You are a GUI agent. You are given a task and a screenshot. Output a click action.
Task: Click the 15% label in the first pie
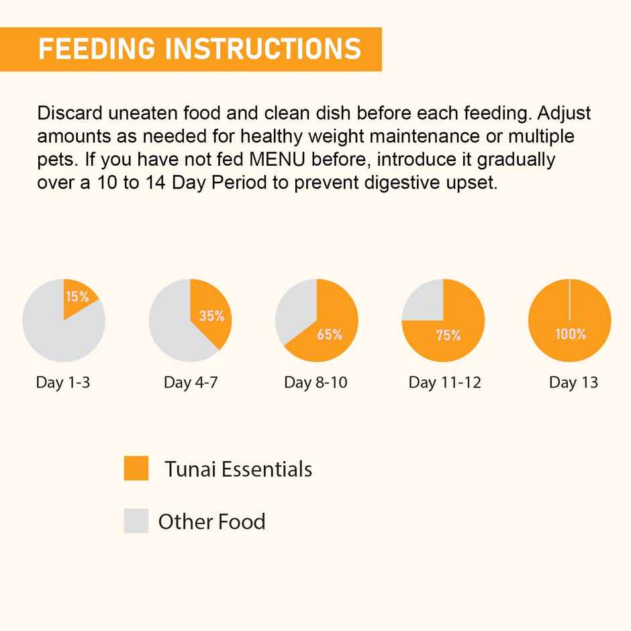coord(77,297)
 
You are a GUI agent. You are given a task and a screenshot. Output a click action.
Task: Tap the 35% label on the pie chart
coord(211,315)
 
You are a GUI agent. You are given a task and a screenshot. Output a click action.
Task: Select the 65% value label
coord(330,334)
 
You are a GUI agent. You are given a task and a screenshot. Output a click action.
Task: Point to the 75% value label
coord(448,336)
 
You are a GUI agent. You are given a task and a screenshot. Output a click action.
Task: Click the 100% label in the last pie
coord(571,334)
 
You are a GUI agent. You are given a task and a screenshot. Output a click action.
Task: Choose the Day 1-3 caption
coord(63,383)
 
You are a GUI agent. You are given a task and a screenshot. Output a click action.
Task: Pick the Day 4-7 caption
coord(191,383)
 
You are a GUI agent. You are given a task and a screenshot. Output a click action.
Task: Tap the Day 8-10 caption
coord(315,383)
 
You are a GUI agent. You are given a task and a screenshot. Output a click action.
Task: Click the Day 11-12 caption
coord(444,383)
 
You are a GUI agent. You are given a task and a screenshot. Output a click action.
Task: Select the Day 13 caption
coord(573,383)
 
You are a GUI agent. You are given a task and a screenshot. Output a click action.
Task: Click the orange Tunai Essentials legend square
coord(136,468)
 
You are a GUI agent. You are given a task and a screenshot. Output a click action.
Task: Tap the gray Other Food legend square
coord(136,521)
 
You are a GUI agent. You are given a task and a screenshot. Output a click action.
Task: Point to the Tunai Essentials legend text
coord(238,469)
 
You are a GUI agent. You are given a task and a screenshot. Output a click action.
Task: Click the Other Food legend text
coord(211,522)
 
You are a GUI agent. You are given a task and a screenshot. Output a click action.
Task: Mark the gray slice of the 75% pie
coord(423,300)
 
